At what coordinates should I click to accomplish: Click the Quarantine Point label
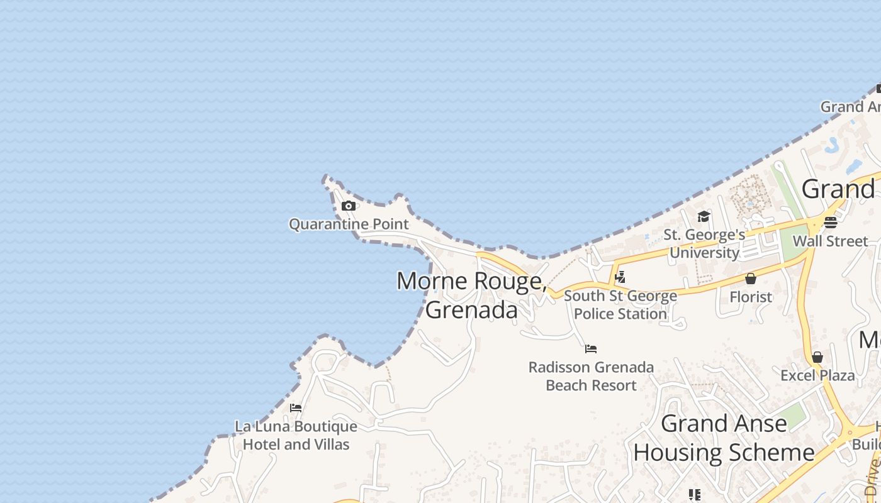[349, 224]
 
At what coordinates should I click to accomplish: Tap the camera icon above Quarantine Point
[349, 206]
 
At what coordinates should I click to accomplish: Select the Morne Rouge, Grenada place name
[471, 295]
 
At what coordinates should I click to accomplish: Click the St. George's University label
[704, 244]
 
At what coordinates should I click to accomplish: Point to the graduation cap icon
[704, 217]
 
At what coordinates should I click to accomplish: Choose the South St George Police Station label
[620, 304]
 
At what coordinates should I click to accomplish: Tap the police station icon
[620, 277]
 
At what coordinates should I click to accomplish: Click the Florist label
[751, 297]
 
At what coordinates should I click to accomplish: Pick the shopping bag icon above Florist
[751, 279]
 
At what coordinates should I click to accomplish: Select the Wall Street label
[830, 241]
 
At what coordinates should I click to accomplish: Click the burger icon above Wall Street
[830, 222]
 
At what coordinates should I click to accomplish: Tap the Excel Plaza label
[817, 376]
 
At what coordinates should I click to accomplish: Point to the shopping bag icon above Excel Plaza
[817, 357]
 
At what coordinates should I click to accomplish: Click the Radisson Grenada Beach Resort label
[591, 376]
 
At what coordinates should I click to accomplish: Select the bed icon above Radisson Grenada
[591, 348]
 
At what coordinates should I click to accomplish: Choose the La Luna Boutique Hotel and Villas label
[296, 435]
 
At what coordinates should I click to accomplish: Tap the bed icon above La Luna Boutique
[296, 407]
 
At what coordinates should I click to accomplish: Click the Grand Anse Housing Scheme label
[724, 438]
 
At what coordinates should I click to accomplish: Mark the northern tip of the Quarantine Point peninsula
[326, 178]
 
